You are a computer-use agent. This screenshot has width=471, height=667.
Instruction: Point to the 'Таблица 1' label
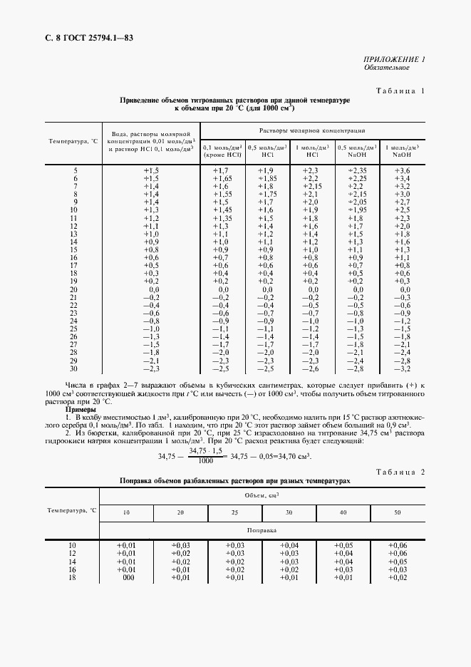[399, 91]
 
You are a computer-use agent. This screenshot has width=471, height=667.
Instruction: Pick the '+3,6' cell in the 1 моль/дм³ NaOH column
[402, 170]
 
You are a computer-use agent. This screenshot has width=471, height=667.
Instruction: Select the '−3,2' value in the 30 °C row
[402, 368]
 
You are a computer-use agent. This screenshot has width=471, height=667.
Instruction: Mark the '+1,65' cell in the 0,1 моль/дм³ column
[222, 178]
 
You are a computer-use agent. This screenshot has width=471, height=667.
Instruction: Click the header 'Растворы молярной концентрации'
[312, 131]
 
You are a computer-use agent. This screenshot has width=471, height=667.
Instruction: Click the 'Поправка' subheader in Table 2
[262, 531]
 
